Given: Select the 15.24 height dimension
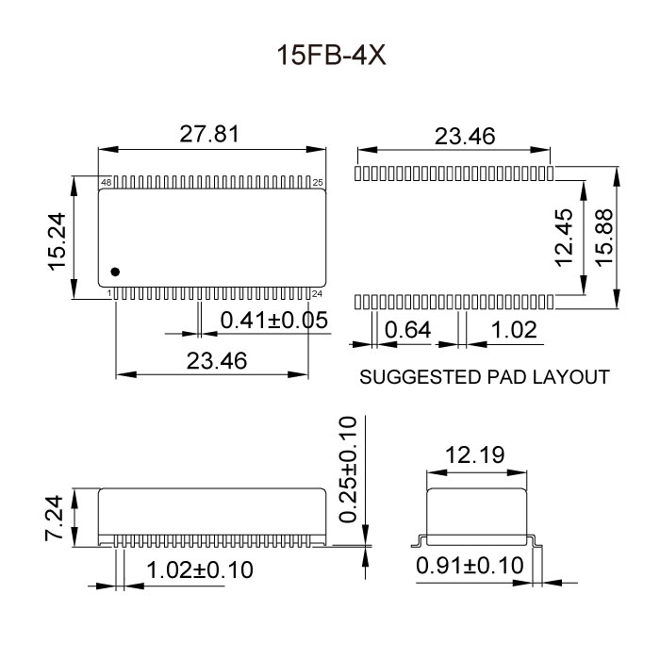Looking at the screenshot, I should tap(58, 239).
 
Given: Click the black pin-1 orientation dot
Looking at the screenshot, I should tap(115, 272).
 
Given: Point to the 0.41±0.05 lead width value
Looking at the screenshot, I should tap(273, 321).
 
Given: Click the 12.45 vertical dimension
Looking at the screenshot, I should tap(565, 238).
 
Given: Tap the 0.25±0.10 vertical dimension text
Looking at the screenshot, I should tap(349, 469).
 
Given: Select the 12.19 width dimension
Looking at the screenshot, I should tap(474, 455).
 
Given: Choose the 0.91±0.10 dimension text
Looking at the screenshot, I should tap(470, 566).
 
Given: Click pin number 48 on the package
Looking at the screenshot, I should tap(106, 181).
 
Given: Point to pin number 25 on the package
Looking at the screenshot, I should tap(318, 181).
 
